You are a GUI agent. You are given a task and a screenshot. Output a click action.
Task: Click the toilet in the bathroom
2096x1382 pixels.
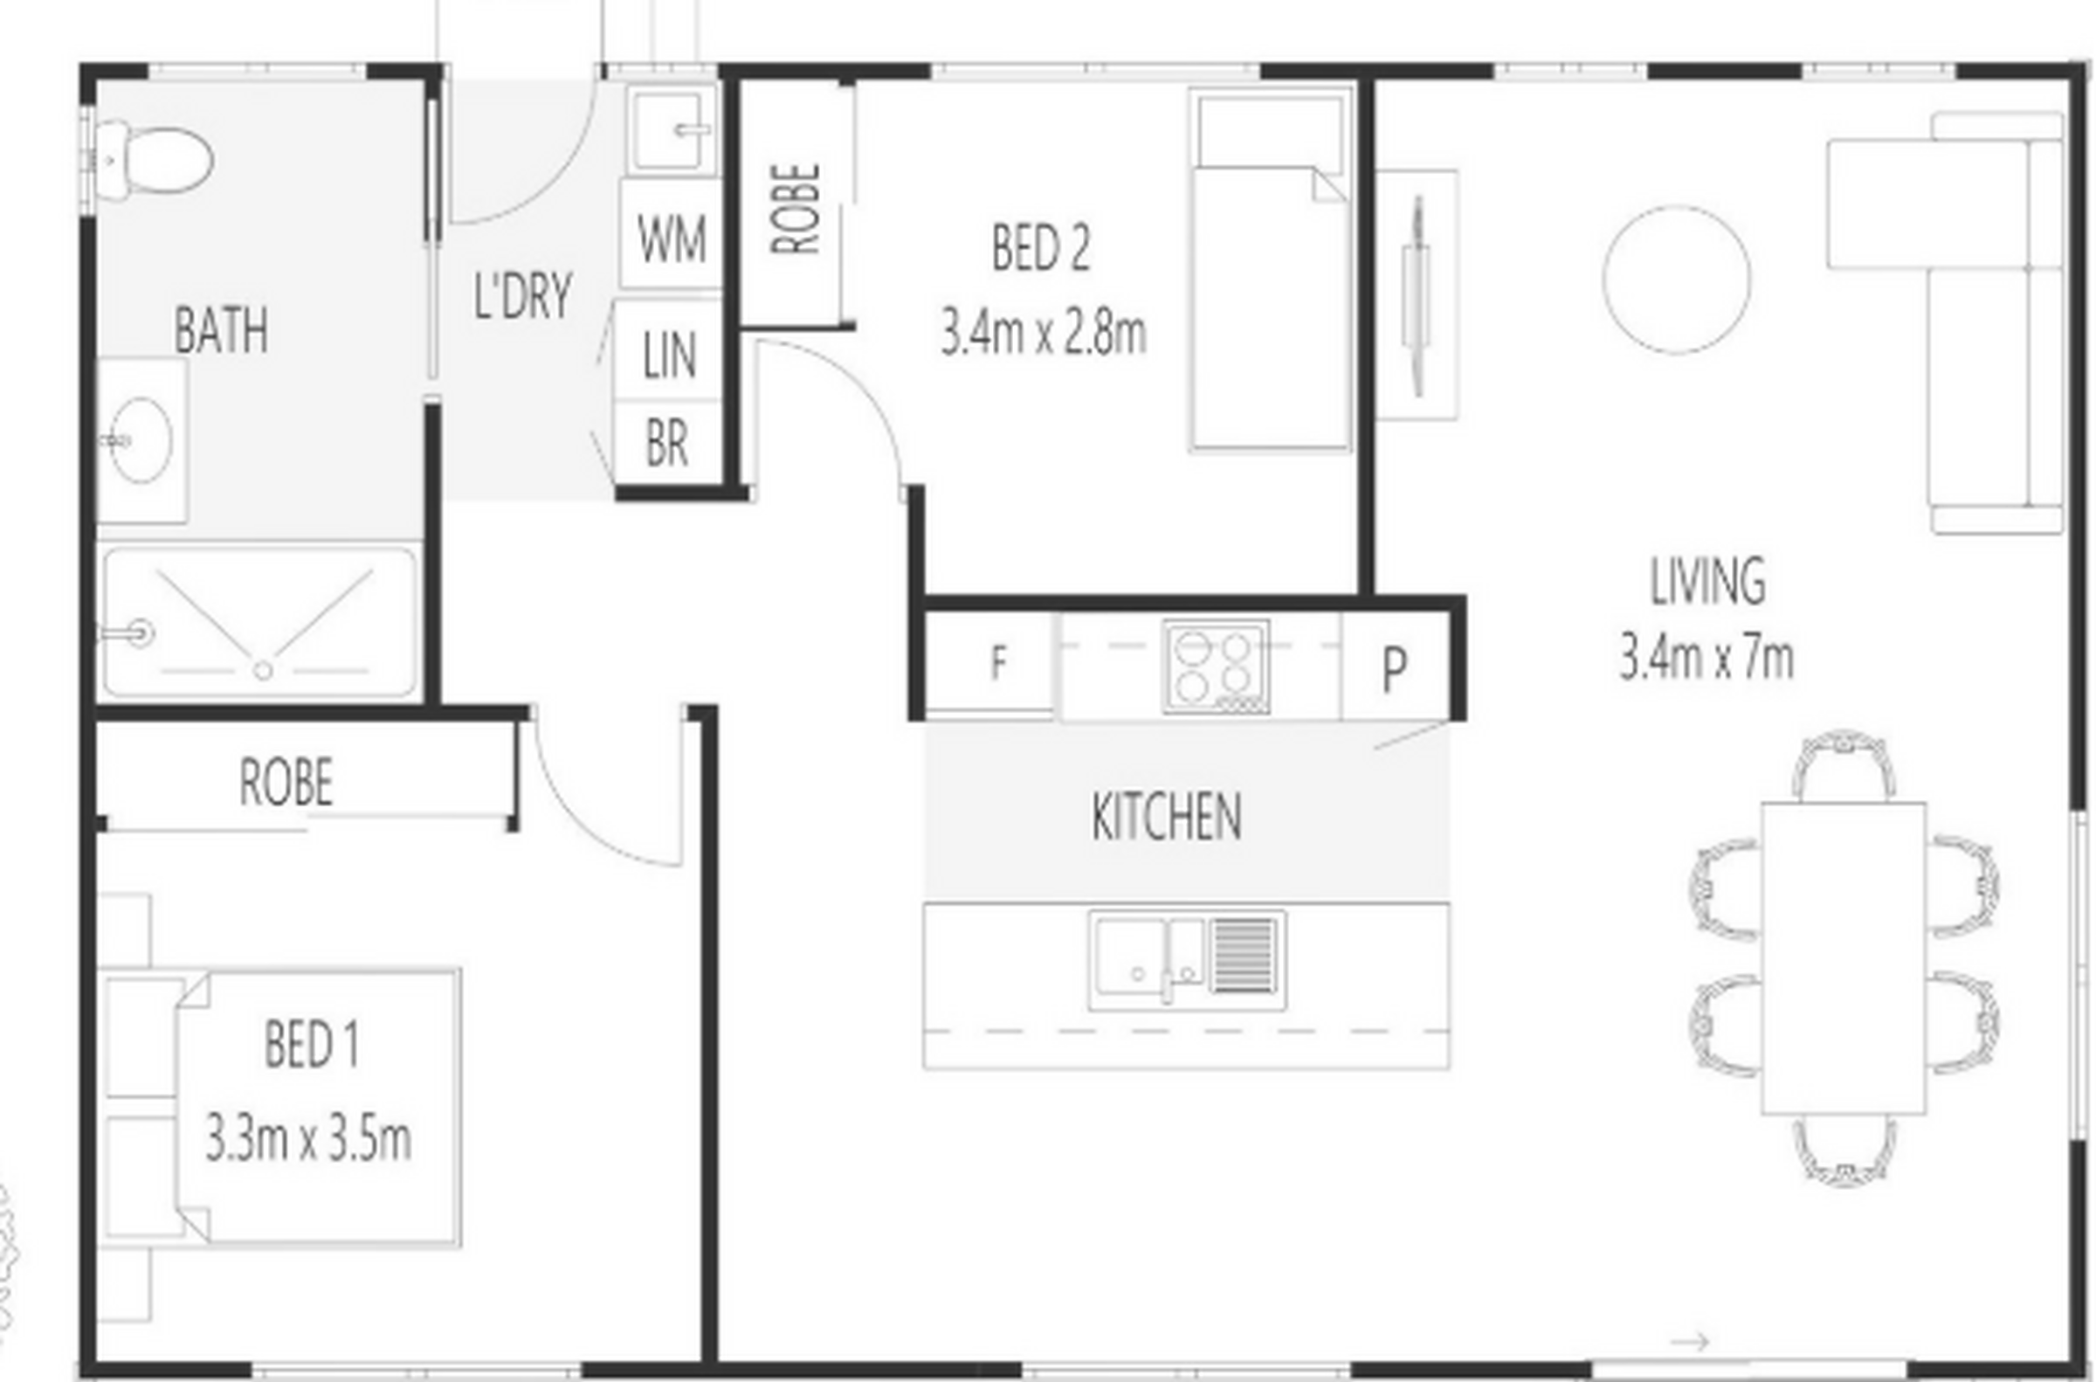[x=155, y=160]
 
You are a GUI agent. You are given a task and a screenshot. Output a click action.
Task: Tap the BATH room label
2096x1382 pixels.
[x=221, y=330]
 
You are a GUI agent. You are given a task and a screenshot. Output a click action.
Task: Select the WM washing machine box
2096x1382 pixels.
[x=671, y=234]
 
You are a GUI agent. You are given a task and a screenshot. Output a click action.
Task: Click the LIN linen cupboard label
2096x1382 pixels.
[x=670, y=355]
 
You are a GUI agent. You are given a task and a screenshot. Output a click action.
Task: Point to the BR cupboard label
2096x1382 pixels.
[x=667, y=443]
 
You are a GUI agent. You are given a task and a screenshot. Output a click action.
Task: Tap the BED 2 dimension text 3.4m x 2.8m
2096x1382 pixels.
[x=1043, y=332]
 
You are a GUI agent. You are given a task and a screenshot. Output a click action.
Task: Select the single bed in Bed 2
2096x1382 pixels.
[x=1270, y=270]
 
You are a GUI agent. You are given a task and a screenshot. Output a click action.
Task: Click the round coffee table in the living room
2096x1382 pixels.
[x=1676, y=280]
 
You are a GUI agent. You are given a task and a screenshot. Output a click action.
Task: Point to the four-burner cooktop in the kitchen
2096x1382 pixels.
[x=1216, y=667]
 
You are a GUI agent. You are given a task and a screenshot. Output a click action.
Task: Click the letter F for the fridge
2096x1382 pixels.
[x=997, y=662]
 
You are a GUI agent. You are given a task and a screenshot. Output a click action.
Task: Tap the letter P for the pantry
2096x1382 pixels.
[x=1394, y=670]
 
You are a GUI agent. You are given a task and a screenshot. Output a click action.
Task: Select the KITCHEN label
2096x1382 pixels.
[x=1167, y=817]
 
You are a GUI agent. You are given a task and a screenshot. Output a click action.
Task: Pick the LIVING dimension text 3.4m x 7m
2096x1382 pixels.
[x=1706, y=659]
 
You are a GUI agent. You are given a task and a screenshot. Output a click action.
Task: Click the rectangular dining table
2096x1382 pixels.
[x=1843, y=958]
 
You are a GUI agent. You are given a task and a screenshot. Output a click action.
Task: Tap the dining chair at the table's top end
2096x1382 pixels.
[x=1843, y=765]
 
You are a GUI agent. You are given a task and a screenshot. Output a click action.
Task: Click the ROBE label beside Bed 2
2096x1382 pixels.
[x=796, y=209]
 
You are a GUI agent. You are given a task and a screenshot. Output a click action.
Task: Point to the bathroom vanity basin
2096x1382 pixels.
[x=141, y=439]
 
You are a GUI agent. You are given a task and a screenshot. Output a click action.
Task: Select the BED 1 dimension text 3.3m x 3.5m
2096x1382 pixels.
[x=308, y=1139]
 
